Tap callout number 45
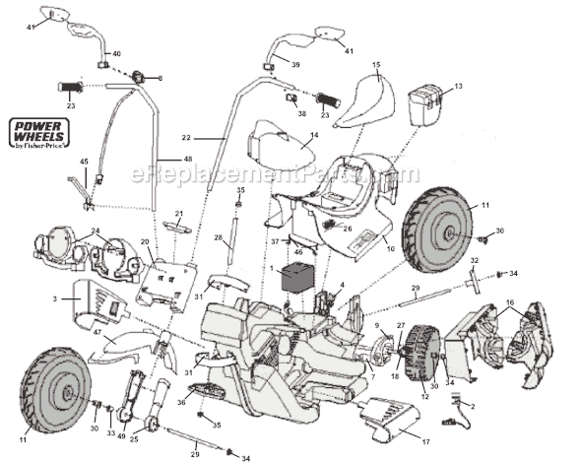click(84, 161)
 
